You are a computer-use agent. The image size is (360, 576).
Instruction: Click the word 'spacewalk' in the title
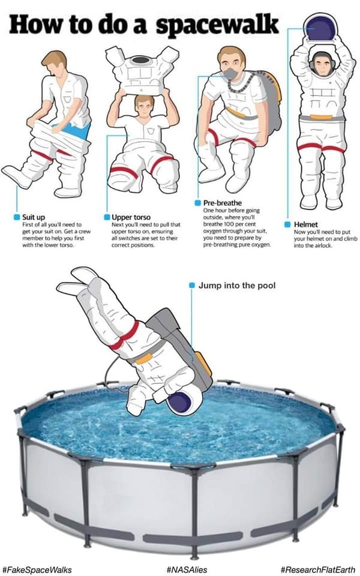[217, 25]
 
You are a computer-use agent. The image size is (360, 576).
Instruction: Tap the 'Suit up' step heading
[34, 217]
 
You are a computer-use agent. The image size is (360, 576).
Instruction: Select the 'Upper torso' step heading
[131, 217]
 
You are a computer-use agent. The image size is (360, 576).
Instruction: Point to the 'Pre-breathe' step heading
[223, 203]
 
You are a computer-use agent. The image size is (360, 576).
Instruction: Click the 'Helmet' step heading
[305, 224]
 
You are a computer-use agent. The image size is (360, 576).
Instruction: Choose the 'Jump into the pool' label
[237, 286]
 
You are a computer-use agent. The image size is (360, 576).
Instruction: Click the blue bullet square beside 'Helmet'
[288, 224]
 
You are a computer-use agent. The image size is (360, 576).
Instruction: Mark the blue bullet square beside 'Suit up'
[17, 217]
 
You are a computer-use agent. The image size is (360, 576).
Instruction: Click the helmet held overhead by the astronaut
[319, 29]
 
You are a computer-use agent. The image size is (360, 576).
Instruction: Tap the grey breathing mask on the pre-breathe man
[230, 74]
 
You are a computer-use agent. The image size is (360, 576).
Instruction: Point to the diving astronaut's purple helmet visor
[180, 401]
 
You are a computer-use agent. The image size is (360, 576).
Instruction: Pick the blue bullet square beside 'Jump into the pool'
[191, 286]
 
